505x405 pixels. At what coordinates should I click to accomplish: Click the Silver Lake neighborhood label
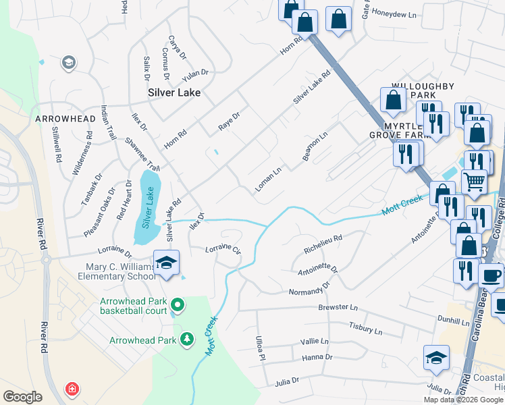pyautogui.click(x=174, y=92)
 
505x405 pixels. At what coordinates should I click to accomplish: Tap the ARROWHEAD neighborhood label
pyautogui.click(x=65, y=119)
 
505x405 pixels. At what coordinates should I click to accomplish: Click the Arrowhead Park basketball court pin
pyautogui.click(x=178, y=305)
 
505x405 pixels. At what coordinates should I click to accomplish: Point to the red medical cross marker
pyautogui.click(x=71, y=389)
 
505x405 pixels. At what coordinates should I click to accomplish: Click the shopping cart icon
pyautogui.click(x=474, y=181)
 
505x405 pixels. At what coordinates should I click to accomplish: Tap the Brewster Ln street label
pyautogui.click(x=338, y=307)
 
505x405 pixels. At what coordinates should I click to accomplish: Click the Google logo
pyautogui.click(x=22, y=397)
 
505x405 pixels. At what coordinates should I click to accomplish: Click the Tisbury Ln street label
pyautogui.click(x=365, y=328)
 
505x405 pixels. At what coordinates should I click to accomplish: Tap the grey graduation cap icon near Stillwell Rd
pyautogui.click(x=68, y=63)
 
